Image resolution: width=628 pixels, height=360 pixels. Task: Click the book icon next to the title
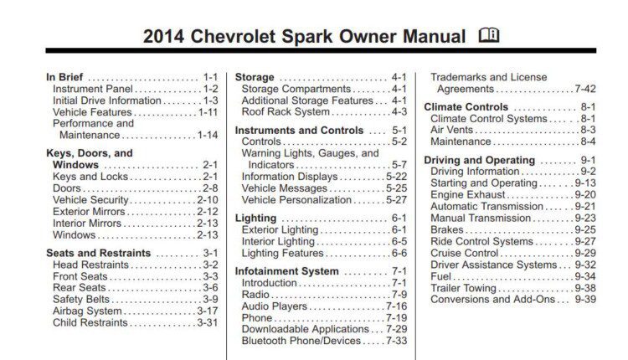pyautogui.click(x=489, y=35)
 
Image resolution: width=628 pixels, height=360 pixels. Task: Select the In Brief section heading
pyautogui.click(x=64, y=77)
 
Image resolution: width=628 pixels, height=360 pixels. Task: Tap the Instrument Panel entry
pyautogui.click(x=93, y=89)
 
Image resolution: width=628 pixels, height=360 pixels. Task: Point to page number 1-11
pyautogui.click(x=208, y=112)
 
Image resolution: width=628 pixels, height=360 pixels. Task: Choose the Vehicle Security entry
pyautogui.click(x=90, y=200)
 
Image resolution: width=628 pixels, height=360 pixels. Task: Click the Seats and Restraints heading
pyautogui.click(x=99, y=253)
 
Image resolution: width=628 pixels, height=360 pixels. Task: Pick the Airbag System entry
pyautogui.click(x=87, y=311)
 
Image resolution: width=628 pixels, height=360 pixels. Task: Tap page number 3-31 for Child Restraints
pyautogui.click(x=208, y=322)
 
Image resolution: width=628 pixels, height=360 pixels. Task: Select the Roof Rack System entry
pyautogui.click(x=286, y=111)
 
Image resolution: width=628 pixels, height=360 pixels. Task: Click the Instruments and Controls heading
pyautogui.click(x=299, y=130)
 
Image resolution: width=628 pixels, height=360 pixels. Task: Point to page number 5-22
pyautogui.click(x=397, y=177)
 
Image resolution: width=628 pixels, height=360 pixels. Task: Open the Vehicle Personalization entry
pyautogui.click(x=296, y=200)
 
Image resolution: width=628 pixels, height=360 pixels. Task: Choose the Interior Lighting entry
pyautogui.click(x=278, y=241)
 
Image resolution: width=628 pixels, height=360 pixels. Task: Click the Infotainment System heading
pyautogui.click(x=286, y=271)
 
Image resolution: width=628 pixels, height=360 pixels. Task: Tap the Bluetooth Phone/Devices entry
pyautogui.click(x=301, y=341)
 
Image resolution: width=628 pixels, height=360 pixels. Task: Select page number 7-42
pyautogui.click(x=585, y=89)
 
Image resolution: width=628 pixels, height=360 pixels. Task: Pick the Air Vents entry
pyautogui.click(x=452, y=130)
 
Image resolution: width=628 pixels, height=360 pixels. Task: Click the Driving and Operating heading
pyautogui.click(x=480, y=160)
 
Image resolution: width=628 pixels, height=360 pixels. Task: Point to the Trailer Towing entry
pyautogui.click(x=463, y=288)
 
